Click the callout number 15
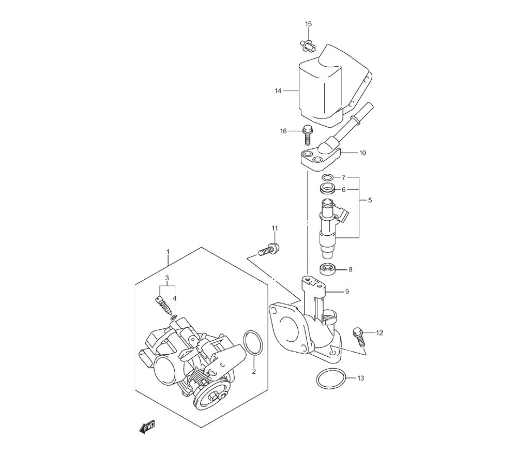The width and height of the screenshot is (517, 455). coord(308,24)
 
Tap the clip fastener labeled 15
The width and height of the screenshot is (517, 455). coord(308,46)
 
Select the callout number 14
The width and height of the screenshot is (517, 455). coord(278,90)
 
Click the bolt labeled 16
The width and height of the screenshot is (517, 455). coord(307,135)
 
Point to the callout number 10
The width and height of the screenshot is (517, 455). coord(362,153)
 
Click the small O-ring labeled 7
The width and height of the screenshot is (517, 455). coord(328,178)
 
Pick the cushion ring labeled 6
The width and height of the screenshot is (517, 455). coord(327,189)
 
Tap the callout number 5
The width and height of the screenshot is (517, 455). coord(370,200)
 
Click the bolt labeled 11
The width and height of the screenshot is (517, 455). coord(268,250)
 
